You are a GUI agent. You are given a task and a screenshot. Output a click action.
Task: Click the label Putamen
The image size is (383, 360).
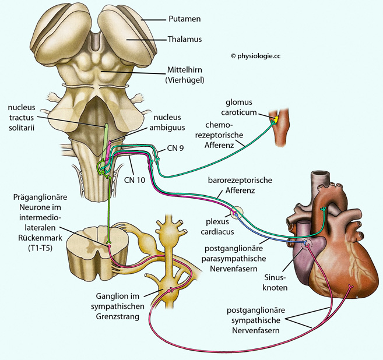click(185, 19)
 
